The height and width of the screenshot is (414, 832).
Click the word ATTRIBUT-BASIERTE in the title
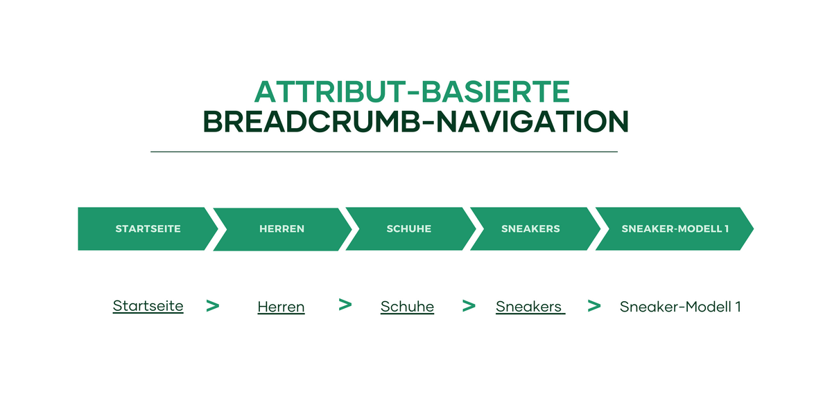point(412,92)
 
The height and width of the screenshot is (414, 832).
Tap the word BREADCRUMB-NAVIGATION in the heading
point(415,121)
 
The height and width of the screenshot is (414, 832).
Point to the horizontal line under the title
point(383,151)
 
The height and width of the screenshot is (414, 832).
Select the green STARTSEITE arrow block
point(139,228)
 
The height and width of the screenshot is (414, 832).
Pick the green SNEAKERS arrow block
point(530,228)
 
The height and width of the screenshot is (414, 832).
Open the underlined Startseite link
point(148,306)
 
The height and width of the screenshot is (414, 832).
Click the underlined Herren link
point(281,307)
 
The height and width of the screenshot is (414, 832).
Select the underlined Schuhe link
point(407,307)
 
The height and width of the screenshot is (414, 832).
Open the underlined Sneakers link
point(529,307)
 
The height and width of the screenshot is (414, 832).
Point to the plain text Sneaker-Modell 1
point(679,307)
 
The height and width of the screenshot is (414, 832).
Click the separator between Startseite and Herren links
point(213,305)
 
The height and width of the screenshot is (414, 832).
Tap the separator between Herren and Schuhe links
point(345,305)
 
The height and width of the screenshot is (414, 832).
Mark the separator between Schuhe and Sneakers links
point(469,305)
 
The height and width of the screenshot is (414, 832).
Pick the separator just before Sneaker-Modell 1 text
point(593,305)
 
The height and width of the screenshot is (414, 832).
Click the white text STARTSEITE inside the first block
point(148,228)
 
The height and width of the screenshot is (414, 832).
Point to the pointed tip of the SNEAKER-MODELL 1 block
point(751,228)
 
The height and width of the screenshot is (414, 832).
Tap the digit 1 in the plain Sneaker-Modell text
point(738,307)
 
